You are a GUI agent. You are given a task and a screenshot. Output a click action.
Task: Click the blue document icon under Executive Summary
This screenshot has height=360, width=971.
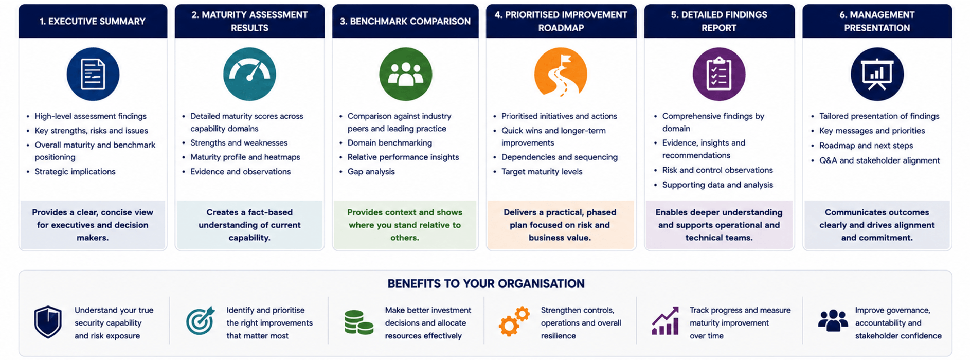pyautogui.click(x=93, y=74)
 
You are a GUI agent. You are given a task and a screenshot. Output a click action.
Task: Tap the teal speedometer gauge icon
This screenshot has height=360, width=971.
pyautogui.click(x=249, y=74)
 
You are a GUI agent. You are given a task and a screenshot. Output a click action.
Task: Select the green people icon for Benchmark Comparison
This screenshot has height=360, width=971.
pyautogui.click(x=405, y=74)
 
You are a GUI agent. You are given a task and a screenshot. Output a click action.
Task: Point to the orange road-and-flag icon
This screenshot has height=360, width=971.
pyautogui.click(x=561, y=73)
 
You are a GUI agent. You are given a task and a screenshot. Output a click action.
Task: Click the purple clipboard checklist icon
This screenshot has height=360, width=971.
pyautogui.click(x=718, y=74)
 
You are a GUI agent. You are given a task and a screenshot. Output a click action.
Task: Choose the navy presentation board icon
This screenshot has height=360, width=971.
pyautogui.click(x=877, y=74)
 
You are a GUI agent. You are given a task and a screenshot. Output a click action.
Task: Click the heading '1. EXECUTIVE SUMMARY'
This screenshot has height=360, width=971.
pyautogui.click(x=93, y=22)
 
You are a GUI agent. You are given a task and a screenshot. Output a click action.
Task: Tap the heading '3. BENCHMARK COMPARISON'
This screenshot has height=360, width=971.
pyautogui.click(x=405, y=22)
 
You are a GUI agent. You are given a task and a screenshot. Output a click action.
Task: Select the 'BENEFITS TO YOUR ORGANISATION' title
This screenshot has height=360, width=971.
pyautogui.click(x=486, y=284)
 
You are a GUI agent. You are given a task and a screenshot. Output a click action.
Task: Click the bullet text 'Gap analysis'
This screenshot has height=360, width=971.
pyautogui.click(x=371, y=172)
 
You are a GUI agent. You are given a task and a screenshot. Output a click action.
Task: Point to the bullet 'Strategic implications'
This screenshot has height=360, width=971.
pyautogui.click(x=75, y=172)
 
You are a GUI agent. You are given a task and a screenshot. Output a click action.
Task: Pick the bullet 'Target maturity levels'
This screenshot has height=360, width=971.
pyautogui.click(x=542, y=172)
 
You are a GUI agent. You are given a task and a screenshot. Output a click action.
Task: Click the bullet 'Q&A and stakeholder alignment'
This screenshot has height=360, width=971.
pyautogui.click(x=879, y=160)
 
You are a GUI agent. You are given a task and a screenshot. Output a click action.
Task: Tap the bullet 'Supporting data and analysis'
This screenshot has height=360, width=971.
pyautogui.click(x=717, y=185)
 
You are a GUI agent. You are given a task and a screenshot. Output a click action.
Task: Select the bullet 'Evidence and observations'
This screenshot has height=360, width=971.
pyautogui.click(x=240, y=172)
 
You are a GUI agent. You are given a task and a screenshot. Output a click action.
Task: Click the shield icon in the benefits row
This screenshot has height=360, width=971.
pyautogui.click(x=48, y=322)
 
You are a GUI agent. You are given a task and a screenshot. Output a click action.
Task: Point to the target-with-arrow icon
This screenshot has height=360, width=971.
pyautogui.click(x=200, y=320)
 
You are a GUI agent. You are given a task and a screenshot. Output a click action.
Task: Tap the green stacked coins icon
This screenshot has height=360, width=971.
pyautogui.click(x=358, y=322)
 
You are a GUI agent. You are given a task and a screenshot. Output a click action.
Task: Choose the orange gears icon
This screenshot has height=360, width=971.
pyautogui.click(x=514, y=321)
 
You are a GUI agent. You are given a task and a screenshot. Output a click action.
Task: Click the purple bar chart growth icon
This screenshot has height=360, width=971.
pyautogui.click(x=666, y=321)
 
